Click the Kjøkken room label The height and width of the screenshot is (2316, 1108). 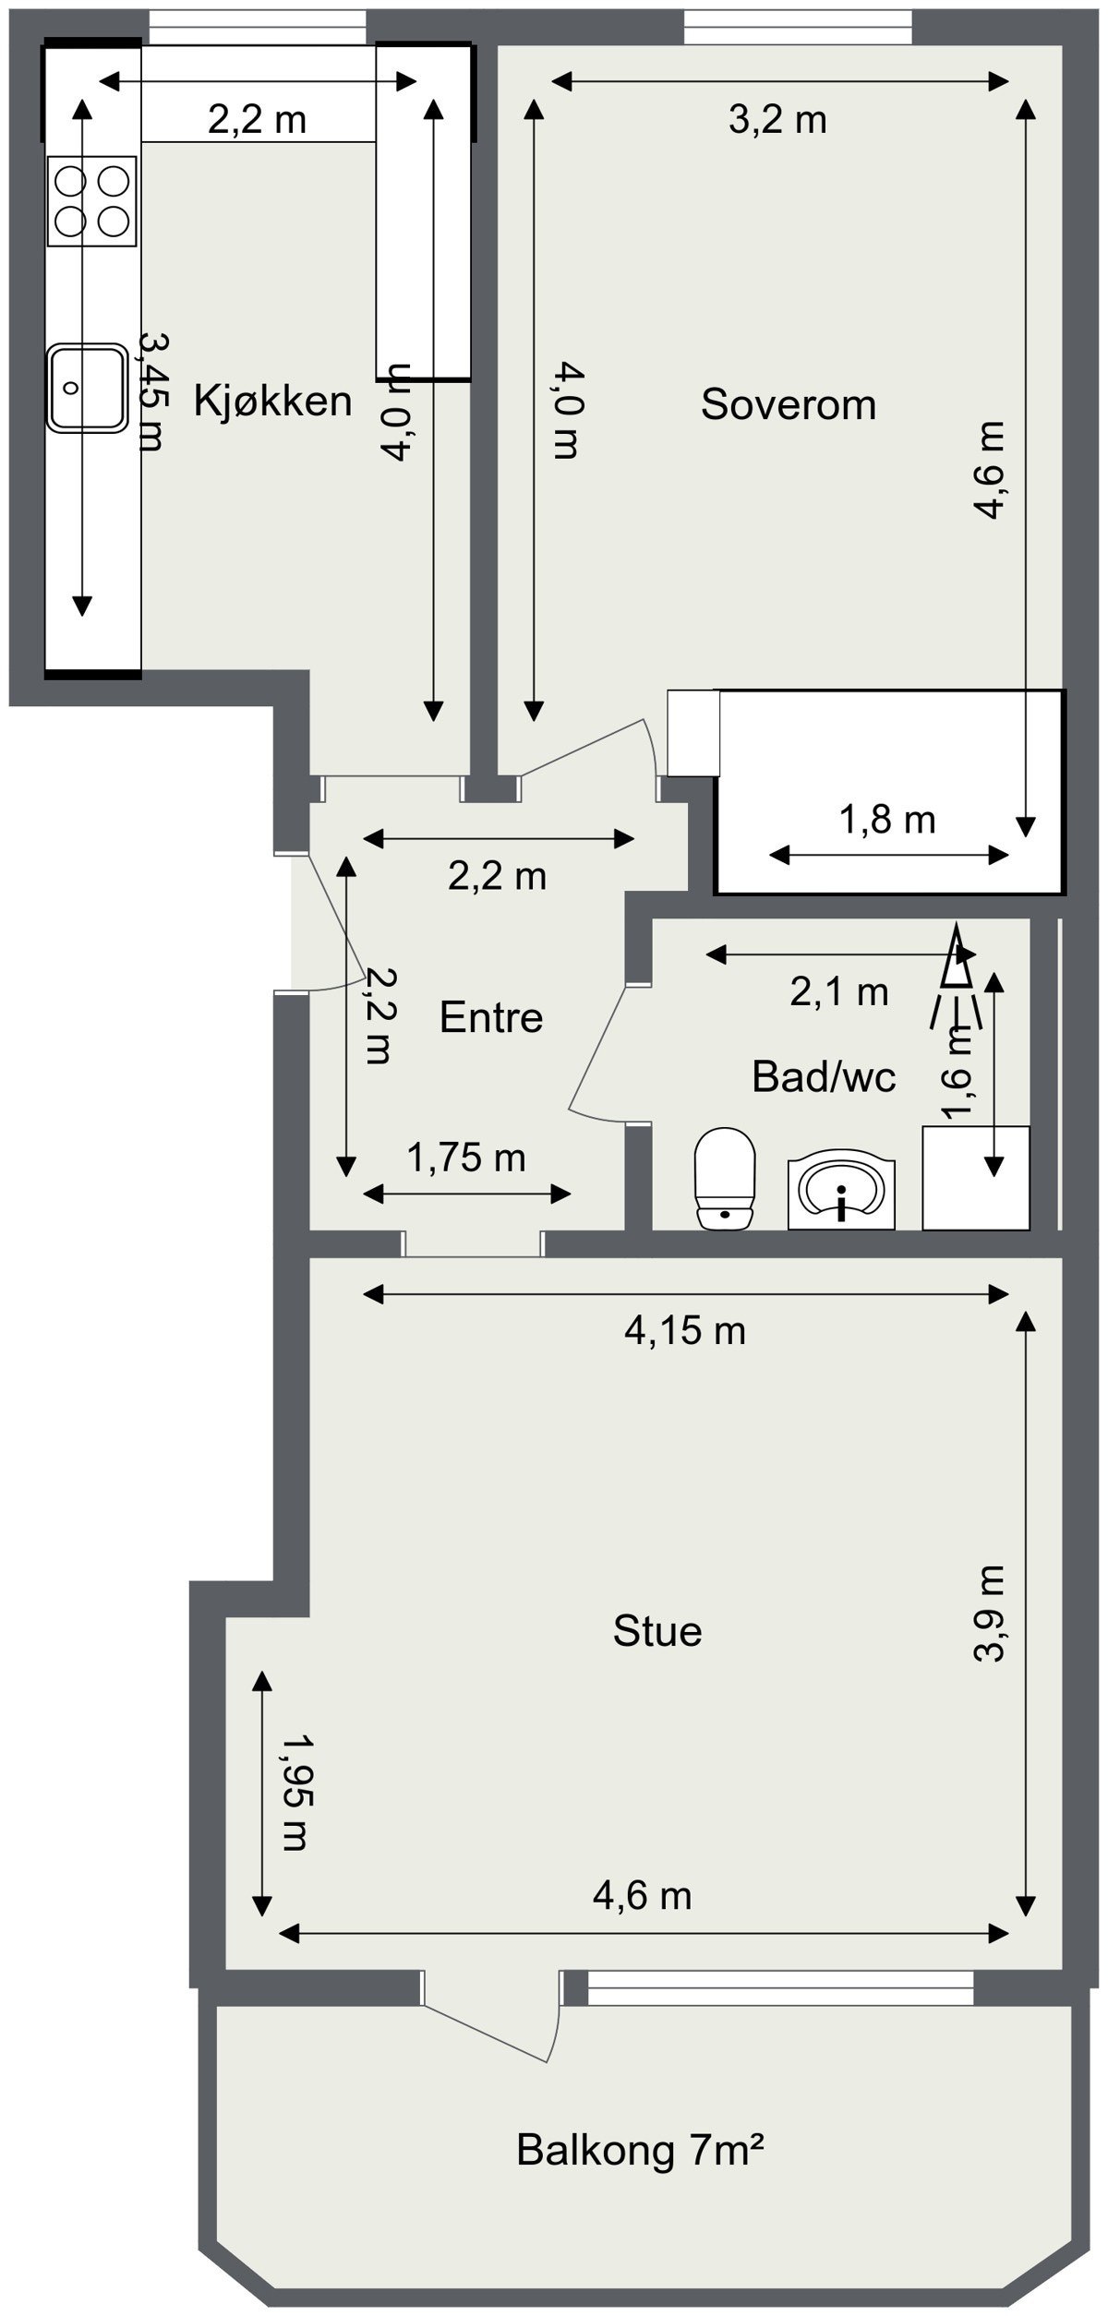(272, 402)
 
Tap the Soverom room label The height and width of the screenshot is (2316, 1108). (788, 404)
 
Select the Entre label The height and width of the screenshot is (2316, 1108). (490, 1017)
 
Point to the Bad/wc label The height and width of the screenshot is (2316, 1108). (824, 1076)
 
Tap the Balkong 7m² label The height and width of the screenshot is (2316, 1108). (640, 2150)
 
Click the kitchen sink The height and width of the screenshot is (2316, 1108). (87, 388)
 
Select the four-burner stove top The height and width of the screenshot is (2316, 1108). (91, 201)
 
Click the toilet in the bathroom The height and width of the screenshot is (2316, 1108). (726, 1178)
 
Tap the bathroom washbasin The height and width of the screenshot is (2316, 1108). (841, 1192)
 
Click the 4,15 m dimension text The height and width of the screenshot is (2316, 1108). (684, 1330)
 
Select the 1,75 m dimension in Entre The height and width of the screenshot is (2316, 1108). (466, 1157)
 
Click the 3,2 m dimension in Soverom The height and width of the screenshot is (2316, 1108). (777, 120)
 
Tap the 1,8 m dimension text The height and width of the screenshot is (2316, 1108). (887, 819)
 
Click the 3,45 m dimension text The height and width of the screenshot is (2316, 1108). (151, 391)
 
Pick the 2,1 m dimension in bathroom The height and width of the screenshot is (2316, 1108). (838, 991)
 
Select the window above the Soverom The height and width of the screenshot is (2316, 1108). (797, 27)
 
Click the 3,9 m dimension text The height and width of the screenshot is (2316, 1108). (989, 1614)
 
